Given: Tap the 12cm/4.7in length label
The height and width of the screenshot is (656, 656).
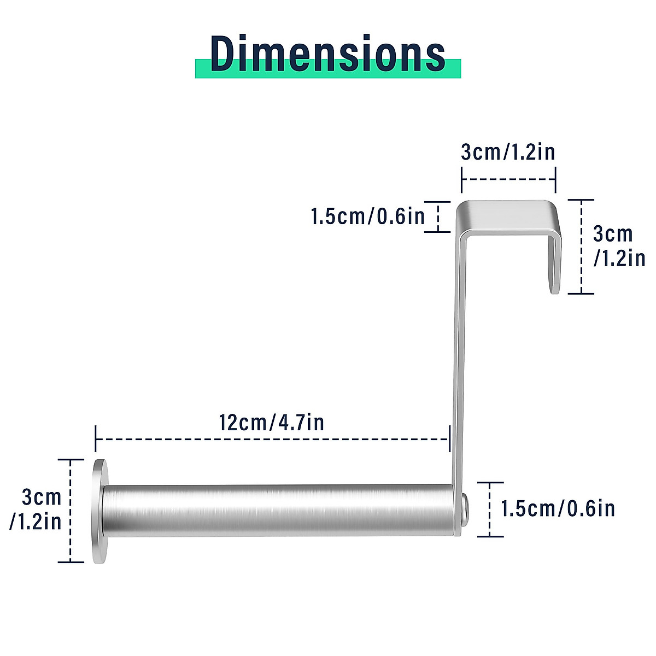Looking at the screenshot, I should click(x=272, y=423).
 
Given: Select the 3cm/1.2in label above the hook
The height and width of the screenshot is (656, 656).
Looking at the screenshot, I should click(x=508, y=152).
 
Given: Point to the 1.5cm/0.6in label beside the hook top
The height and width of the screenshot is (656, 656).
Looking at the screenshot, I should click(x=368, y=216).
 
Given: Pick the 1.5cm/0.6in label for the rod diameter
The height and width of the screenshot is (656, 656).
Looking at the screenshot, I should click(x=558, y=509).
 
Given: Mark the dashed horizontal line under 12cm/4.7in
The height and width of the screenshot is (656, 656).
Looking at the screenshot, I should click(x=272, y=439).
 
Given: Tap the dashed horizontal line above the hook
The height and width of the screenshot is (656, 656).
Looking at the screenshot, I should click(x=508, y=179).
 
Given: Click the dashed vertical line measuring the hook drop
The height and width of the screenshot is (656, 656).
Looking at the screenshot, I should click(x=581, y=247).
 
